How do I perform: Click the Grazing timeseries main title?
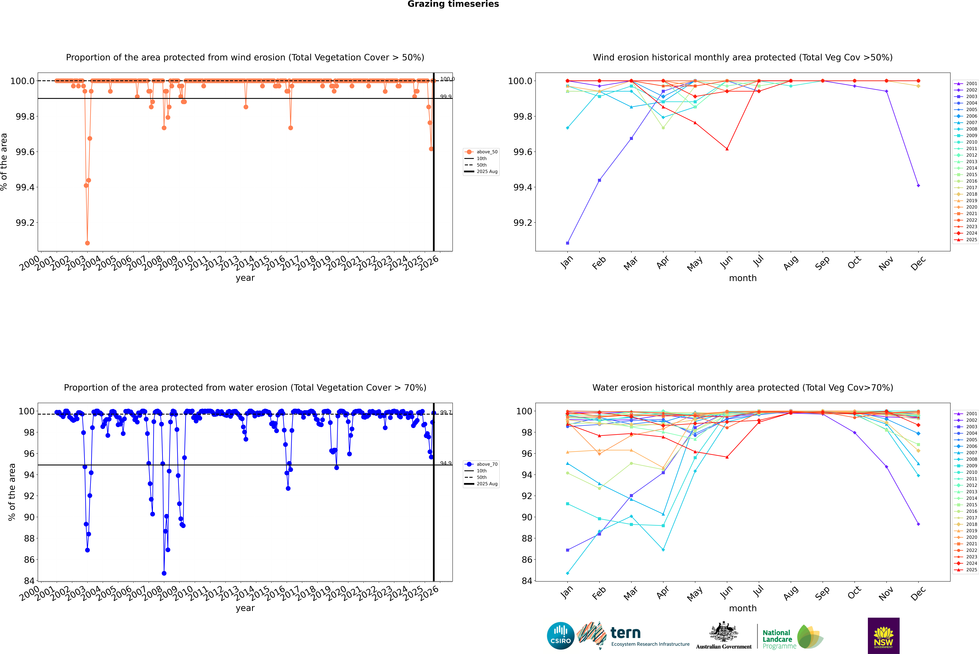(453, 4)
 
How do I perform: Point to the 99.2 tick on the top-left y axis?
(25, 223)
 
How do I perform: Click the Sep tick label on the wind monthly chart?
(822, 263)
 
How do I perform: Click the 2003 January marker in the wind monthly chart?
(568, 243)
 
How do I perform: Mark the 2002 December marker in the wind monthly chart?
(918, 186)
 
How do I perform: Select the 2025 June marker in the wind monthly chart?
(727, 149)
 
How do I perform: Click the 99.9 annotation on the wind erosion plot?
(446, 97)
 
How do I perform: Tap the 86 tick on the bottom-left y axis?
(29, 560)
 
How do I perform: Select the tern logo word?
(625, 633)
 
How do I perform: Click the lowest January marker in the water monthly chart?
(568, 573)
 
